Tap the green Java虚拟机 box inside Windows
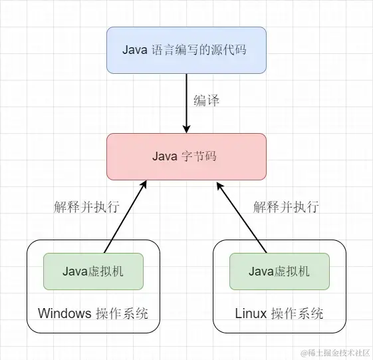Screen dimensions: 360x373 tap(93, 271)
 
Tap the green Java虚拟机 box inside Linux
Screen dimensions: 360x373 tap(279, 271)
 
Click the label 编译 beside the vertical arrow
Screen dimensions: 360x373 tap(206, 101)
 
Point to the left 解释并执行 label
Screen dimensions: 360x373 tap(86, 206)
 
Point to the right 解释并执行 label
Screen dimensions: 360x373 tap(286, 206)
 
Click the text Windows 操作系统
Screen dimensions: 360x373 tap(93, 313)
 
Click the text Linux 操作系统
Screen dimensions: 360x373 tap(279, 313)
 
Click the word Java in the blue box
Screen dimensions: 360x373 tap(136, 50)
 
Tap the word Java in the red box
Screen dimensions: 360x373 tap(165, 157)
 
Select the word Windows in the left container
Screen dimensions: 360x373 tap(64, 313)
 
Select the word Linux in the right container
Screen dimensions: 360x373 tap(251, 313)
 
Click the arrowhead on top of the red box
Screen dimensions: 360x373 tap(186, 128)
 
